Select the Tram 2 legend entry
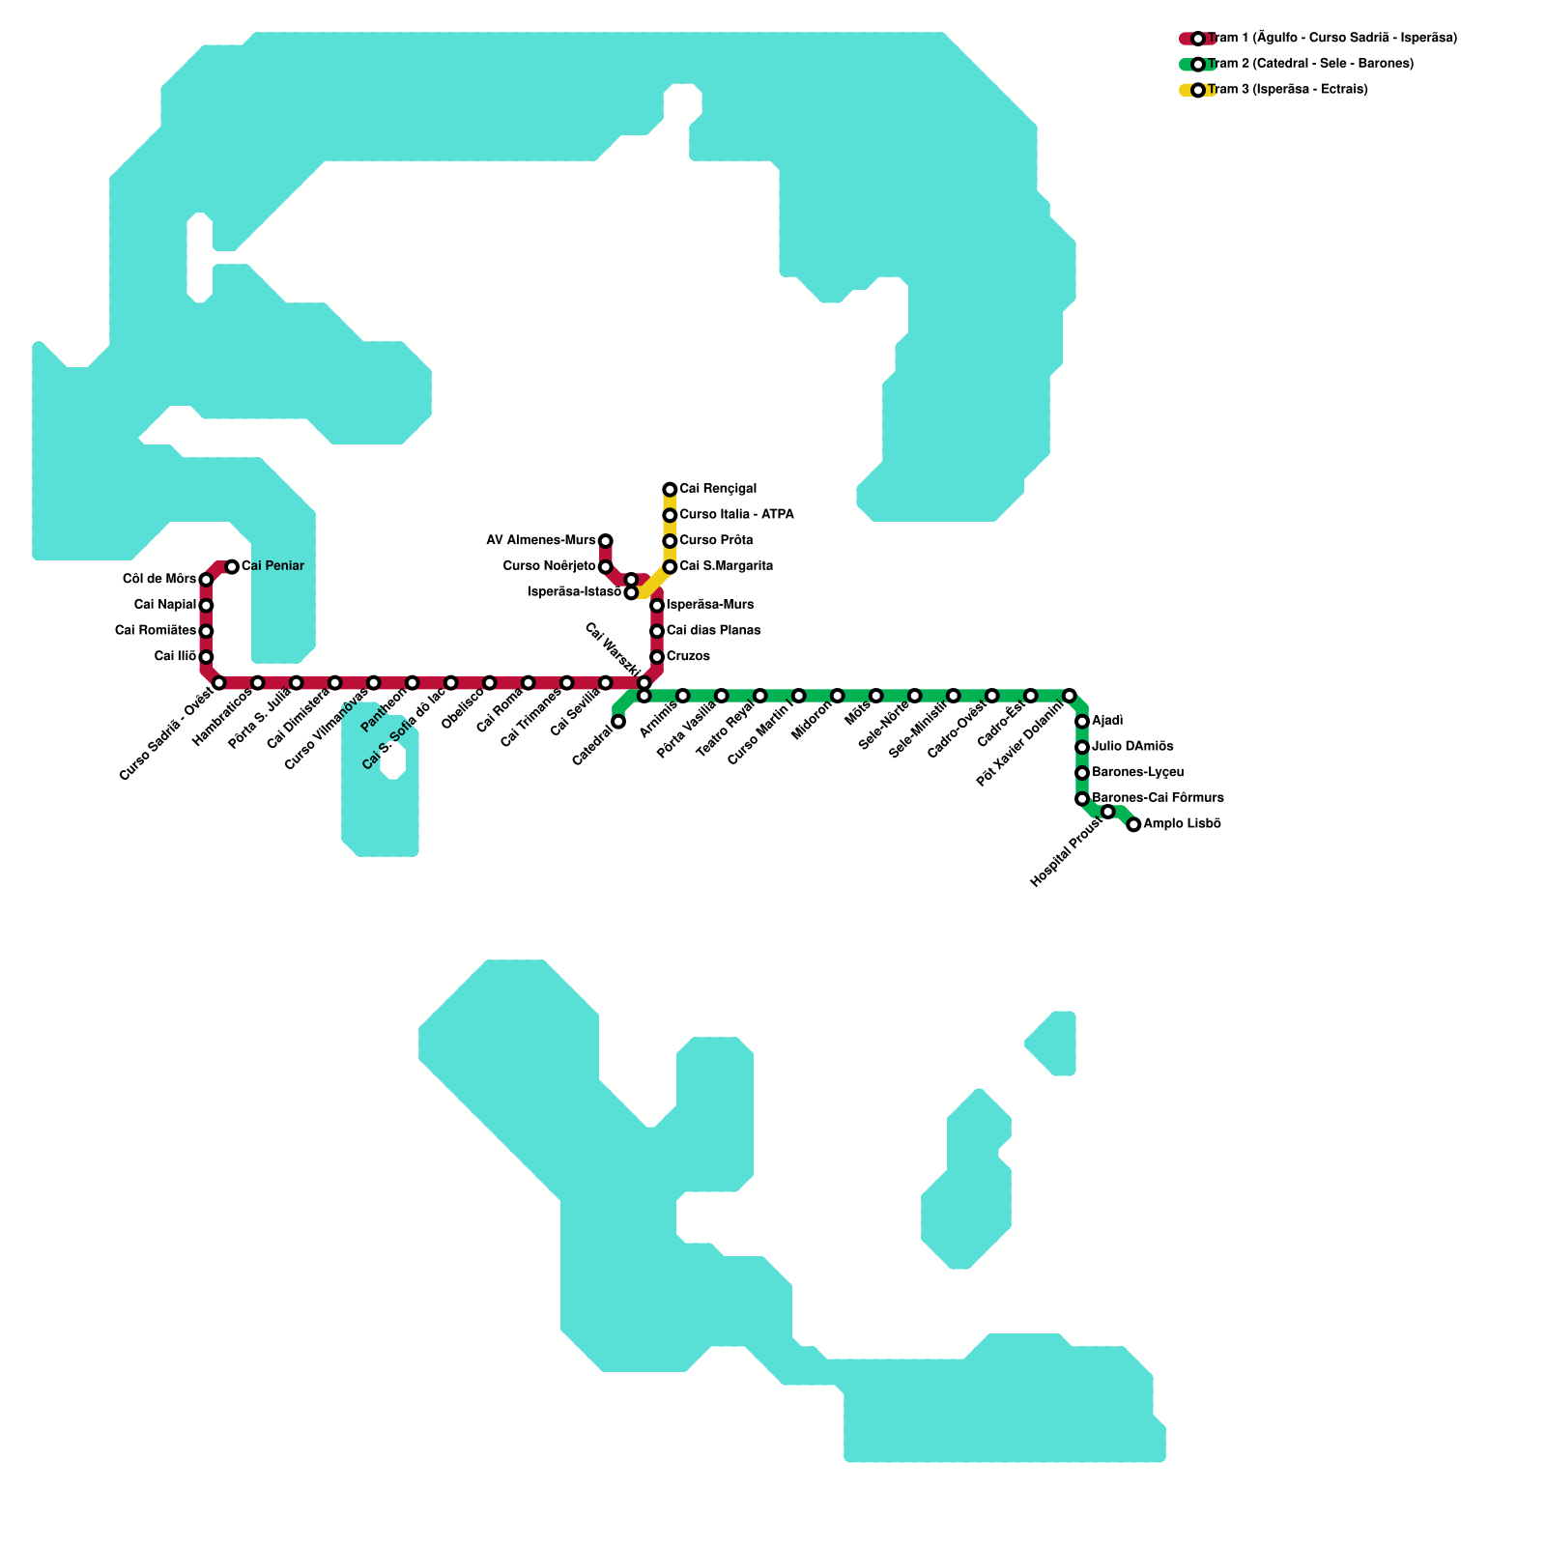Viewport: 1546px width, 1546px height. (x=1310, y=64)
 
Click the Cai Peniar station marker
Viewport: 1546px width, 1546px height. (x=232, y=566)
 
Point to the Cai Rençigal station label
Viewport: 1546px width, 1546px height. (x=718, y=489)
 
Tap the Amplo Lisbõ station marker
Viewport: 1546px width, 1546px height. (x=1133, y=824)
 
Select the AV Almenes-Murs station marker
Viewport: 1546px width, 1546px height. (x=605, y=540)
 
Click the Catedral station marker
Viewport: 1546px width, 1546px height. (x=618, y=722)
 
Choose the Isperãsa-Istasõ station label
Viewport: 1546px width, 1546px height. (x=574, y=592)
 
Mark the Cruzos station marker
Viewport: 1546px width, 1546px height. (x=657, y=657)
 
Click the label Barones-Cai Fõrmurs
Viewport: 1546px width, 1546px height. (x=1158, y=798)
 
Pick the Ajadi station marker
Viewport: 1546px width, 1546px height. (x=1082, y=722)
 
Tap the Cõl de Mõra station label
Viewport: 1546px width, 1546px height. (x=159, y=579)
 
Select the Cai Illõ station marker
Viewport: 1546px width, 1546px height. (x=206, y=657)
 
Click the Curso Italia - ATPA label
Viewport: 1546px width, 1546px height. (x=736, y=515)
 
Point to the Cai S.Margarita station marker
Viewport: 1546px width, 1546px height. (x=670, y=566)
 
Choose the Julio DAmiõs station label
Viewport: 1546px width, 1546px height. (x=1132, y=747)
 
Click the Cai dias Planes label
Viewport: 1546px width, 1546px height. (x=713, y=631)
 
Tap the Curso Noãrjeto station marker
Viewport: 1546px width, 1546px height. (x=605, y=566)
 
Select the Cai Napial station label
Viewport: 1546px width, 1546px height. (x=165, y=605)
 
